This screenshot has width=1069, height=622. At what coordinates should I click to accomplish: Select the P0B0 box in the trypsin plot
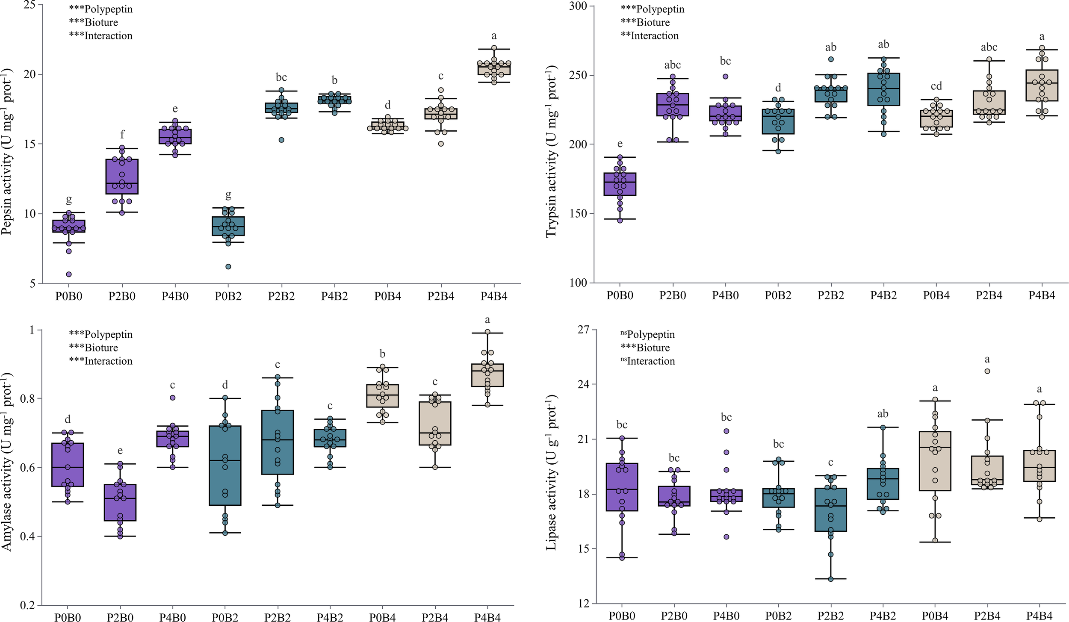coord(620,184)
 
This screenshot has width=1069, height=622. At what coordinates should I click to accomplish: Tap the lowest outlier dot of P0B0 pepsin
coord(69,274)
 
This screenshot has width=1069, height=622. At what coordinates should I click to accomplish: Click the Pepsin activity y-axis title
coord(7,152)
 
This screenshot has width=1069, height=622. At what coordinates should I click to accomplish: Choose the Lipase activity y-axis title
coord(551,472)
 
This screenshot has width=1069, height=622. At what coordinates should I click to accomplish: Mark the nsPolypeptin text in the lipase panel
coord(647,334)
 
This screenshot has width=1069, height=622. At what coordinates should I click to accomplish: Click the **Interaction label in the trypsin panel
coord(650,36)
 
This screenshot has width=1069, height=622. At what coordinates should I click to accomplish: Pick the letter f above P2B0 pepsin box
coord(122,135)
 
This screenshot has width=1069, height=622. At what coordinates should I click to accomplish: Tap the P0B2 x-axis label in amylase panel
coord(225,617)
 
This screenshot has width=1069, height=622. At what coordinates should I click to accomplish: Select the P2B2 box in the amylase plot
coord(278,442)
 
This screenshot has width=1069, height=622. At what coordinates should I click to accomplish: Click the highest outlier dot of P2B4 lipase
coord(987,371)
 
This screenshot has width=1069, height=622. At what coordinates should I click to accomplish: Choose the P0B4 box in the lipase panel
coord(935,461)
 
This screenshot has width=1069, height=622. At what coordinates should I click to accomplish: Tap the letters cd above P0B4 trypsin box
coord(936,86)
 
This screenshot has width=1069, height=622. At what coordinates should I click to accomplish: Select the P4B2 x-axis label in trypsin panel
coord(883,295)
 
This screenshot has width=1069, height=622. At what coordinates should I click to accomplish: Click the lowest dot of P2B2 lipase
coord(831,579)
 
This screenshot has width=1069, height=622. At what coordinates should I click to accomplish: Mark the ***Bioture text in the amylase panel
coord(94,348)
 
